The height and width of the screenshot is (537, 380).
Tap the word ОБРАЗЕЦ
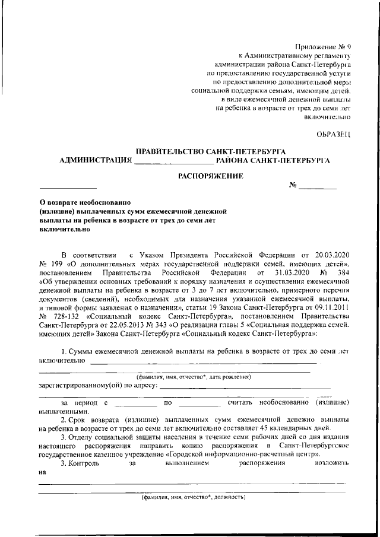coord(334,135)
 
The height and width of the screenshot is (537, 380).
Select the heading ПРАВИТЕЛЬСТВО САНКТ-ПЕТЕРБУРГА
coord(211,151)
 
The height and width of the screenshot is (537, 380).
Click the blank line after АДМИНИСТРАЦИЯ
coord(174,161)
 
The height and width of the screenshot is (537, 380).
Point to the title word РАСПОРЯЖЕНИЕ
coord(211,176)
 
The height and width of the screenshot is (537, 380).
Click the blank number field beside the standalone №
coord(317,188)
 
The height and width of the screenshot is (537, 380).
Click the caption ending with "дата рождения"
coord(194,377)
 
